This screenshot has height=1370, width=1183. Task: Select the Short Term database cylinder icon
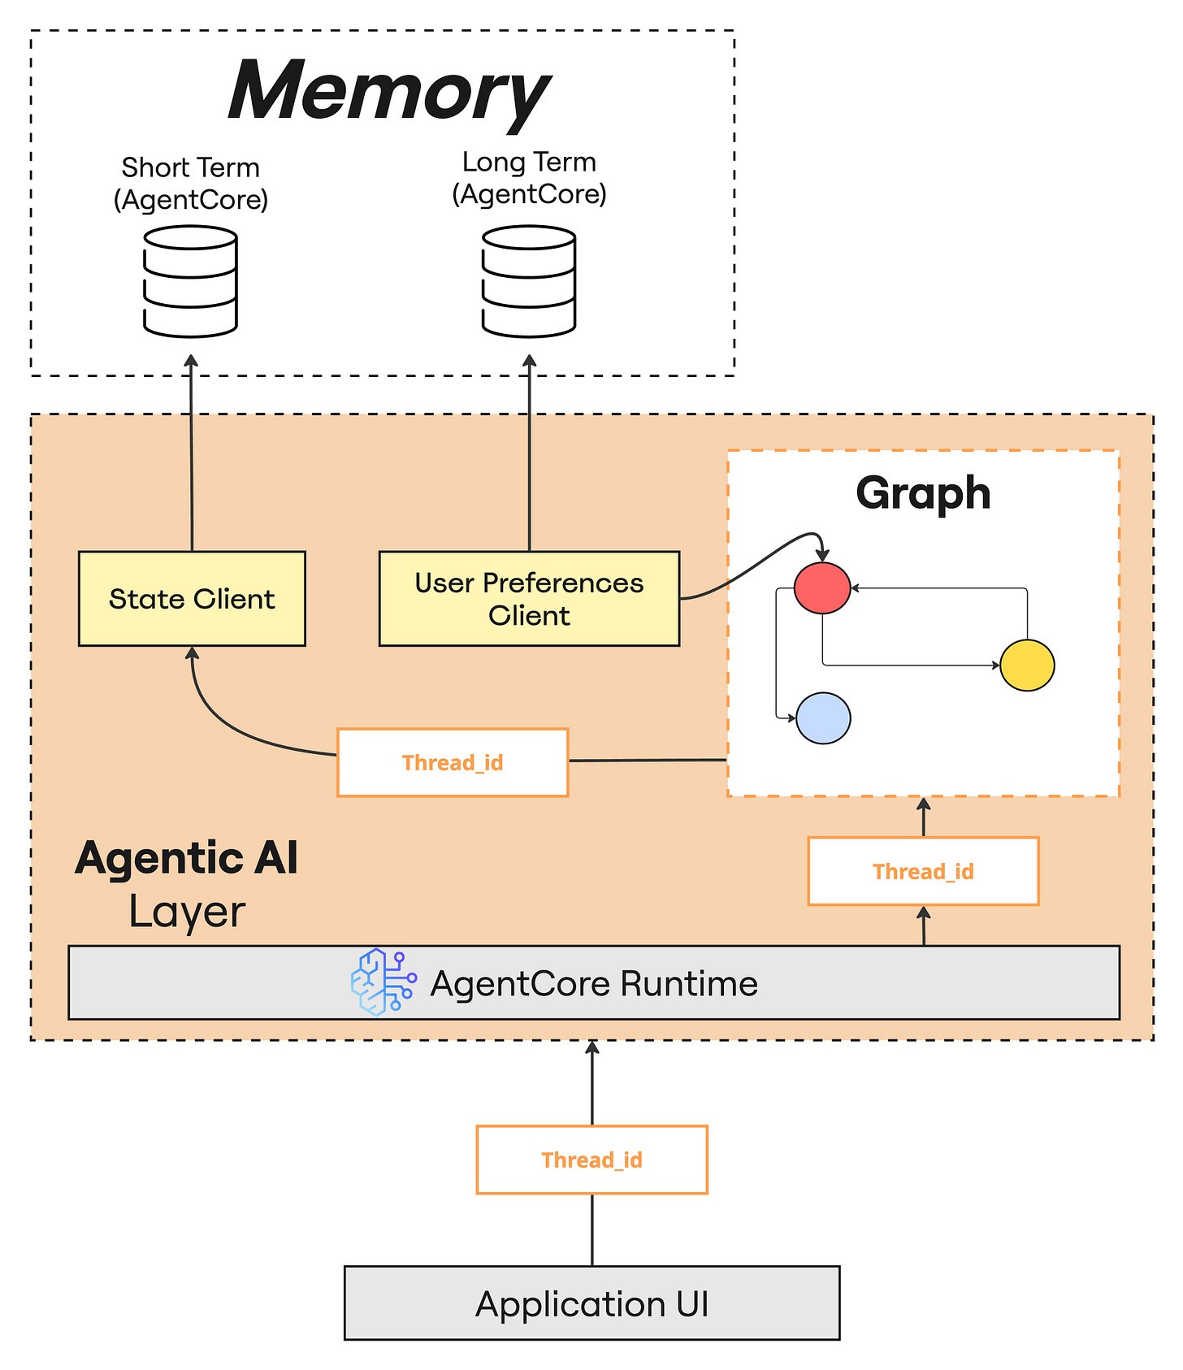click(190, 281)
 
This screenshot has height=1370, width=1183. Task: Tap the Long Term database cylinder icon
click(529, 281)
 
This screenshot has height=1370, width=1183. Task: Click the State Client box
click(192, 599)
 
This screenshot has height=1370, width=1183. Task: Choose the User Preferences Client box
click(529, 599)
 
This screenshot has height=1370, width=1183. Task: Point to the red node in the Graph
click(822, 587)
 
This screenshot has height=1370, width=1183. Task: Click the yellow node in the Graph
click(1027, 665)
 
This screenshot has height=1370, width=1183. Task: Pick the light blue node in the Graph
click(823, 718)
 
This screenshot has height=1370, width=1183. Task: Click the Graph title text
click(923, 493)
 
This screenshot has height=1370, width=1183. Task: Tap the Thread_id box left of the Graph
click(453, 762)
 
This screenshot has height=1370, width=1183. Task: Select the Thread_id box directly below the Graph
click(923, 871)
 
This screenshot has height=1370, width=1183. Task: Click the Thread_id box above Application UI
click(591, 1160)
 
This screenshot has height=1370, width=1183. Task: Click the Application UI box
click(591, 1303)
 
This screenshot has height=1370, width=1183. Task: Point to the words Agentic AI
click(187, 858)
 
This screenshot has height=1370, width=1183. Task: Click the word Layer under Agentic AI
click(187, 912)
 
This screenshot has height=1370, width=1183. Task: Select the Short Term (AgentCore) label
click(190, 184)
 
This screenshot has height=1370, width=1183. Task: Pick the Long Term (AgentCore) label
click(529, 178)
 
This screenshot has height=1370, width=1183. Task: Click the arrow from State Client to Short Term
click(191, 453)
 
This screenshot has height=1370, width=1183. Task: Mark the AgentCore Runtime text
click(594, 983)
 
